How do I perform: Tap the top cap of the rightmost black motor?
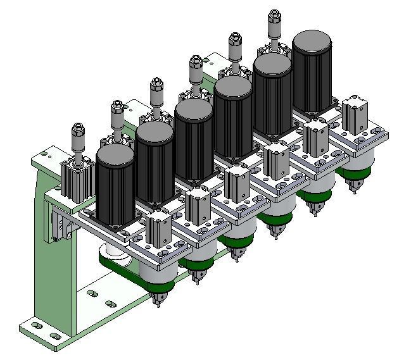312,42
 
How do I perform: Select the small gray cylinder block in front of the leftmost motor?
158,230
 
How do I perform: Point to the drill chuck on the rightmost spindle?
350,186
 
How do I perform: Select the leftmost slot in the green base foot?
37,325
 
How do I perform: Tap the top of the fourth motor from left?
233,88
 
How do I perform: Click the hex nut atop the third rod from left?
156,83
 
